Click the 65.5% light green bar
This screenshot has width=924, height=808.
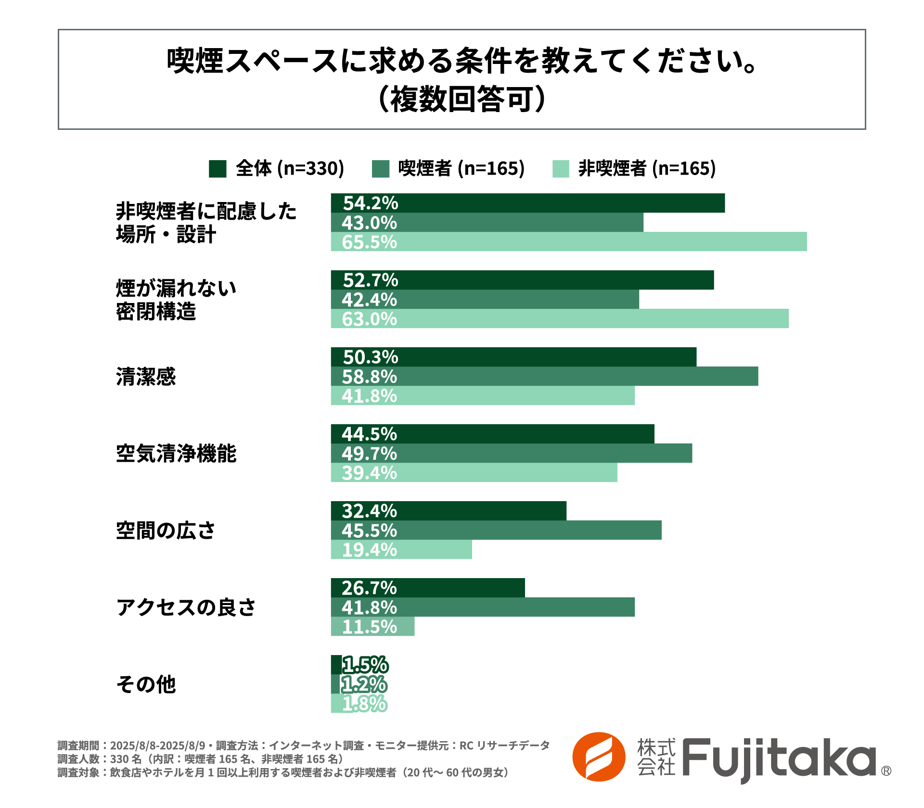pos(569,241)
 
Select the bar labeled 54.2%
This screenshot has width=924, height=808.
pos(527,203)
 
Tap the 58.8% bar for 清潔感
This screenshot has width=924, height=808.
pos(544,376)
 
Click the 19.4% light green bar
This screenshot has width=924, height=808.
pos(401,549)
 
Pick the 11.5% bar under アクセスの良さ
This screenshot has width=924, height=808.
pos(372,626)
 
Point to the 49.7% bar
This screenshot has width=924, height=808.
pos(511,453)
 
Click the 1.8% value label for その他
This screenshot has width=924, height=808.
pos(365,704)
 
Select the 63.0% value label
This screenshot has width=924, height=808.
pos(370,319)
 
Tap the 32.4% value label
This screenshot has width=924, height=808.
pos(370,511)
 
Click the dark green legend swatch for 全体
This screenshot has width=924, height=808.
pos(218,169)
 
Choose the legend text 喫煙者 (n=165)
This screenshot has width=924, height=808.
pos(461,168)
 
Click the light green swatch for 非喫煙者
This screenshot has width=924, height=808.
pos(561,169)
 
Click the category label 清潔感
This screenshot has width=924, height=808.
pos(146,377)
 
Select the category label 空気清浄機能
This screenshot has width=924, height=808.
pos(176,454)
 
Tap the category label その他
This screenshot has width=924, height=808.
pos(146,684)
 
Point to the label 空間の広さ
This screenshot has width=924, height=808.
pos(166,530)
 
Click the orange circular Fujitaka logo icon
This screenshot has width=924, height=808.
pos(598,757)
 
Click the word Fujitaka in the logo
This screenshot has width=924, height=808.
pos(779,758)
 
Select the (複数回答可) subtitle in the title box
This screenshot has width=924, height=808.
pos(462,99)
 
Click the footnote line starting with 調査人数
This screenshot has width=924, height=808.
pos(200,759)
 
